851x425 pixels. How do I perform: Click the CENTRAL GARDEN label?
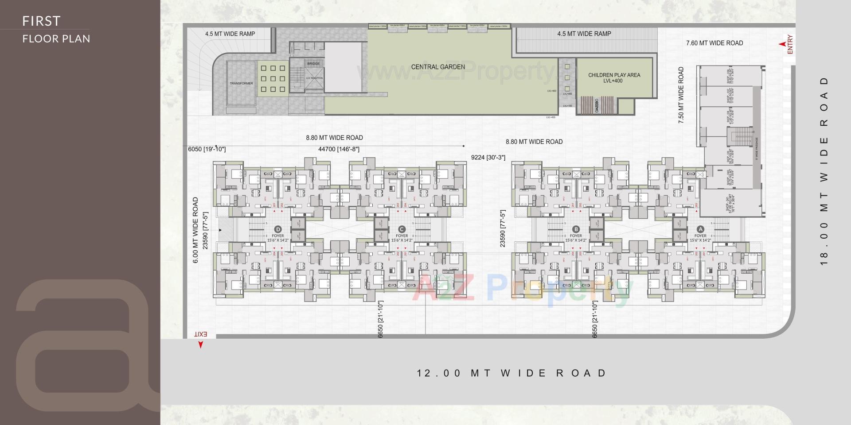438,67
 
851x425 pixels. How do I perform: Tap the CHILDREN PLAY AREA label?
614,78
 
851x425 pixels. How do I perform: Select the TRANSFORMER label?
241,83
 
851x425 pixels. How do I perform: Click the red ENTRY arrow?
783,44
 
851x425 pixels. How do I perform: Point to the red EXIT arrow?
200,345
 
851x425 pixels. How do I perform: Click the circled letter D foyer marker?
278,229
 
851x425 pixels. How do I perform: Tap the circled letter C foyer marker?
402,229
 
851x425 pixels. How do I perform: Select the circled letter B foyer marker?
576,229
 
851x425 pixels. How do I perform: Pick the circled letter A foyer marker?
700,229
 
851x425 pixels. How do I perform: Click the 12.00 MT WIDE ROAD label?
511,373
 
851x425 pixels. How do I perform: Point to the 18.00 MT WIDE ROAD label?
824,171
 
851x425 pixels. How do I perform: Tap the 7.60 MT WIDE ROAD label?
714,43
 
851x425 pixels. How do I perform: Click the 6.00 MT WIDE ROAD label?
195,230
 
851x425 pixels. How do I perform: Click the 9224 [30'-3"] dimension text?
488,157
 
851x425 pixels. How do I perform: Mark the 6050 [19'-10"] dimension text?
207,149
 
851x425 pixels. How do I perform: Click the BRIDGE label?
313,64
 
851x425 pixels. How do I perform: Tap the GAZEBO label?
597,105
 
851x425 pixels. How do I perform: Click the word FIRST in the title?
41,21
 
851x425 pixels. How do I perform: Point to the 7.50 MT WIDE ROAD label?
681,95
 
